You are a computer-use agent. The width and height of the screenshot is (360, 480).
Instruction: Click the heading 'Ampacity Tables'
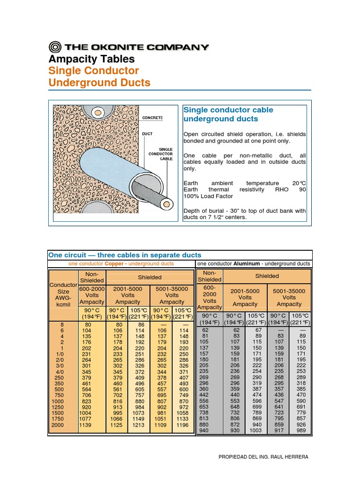[x=91, y=59]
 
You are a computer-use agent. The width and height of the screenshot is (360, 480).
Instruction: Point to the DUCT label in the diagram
[x=147, y=134]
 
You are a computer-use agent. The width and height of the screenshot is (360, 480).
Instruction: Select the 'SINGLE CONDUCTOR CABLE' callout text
[x=160, y=154]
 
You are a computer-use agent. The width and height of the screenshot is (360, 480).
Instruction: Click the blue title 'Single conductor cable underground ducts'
[x=228, y=114]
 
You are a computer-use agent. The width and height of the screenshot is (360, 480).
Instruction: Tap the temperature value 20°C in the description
[x=299, y=183]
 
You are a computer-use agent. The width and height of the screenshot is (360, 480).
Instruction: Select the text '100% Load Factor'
[x=208, y=196]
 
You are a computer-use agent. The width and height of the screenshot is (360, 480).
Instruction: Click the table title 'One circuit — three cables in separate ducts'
[x=125, y=255]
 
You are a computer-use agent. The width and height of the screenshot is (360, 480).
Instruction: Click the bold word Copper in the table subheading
[x=114, y=264]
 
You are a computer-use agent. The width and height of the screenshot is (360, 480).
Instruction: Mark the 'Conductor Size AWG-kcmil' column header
[x=63, y=294]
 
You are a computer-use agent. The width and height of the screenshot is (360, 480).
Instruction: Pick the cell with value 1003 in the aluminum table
[x=256, y=430]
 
